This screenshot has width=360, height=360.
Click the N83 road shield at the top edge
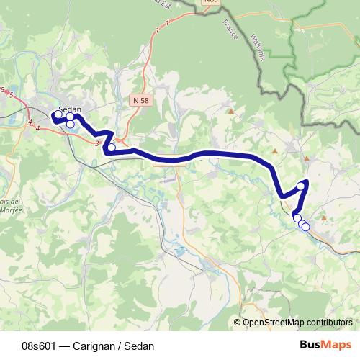click(x=210, y=2)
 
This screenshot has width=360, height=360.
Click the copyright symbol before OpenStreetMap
click(x=238, y=323)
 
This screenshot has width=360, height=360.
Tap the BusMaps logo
click(x=325, y=346)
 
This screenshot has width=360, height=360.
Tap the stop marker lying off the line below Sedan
click(x=70, y=125)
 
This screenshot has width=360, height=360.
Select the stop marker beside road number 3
click(x=111, y=148)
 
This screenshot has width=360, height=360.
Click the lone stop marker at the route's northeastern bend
click(x=301, y=184)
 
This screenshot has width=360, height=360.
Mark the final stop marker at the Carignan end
click(x=305, y=227)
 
